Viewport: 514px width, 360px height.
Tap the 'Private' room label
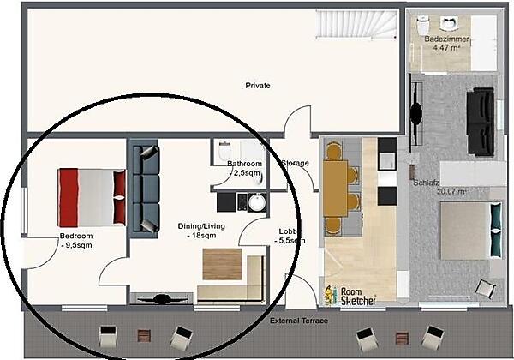pos(258,85)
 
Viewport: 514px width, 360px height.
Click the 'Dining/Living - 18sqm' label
pos(200,231)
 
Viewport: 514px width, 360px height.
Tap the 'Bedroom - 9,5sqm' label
pos(75,240)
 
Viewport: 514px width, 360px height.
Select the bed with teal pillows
pos(468,231)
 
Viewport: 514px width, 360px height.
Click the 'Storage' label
pos(295,163)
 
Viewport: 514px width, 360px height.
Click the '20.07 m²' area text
pos(450,192)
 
